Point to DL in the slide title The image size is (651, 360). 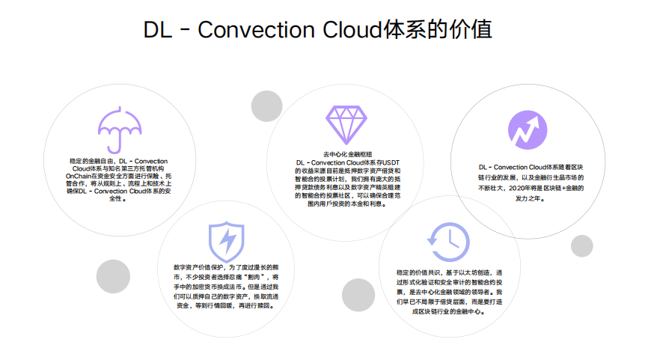click(159, 31)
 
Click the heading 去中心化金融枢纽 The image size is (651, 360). click(347, 153)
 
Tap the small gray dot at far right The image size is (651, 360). click(581, 246)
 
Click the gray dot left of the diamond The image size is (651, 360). click(266, 106)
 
